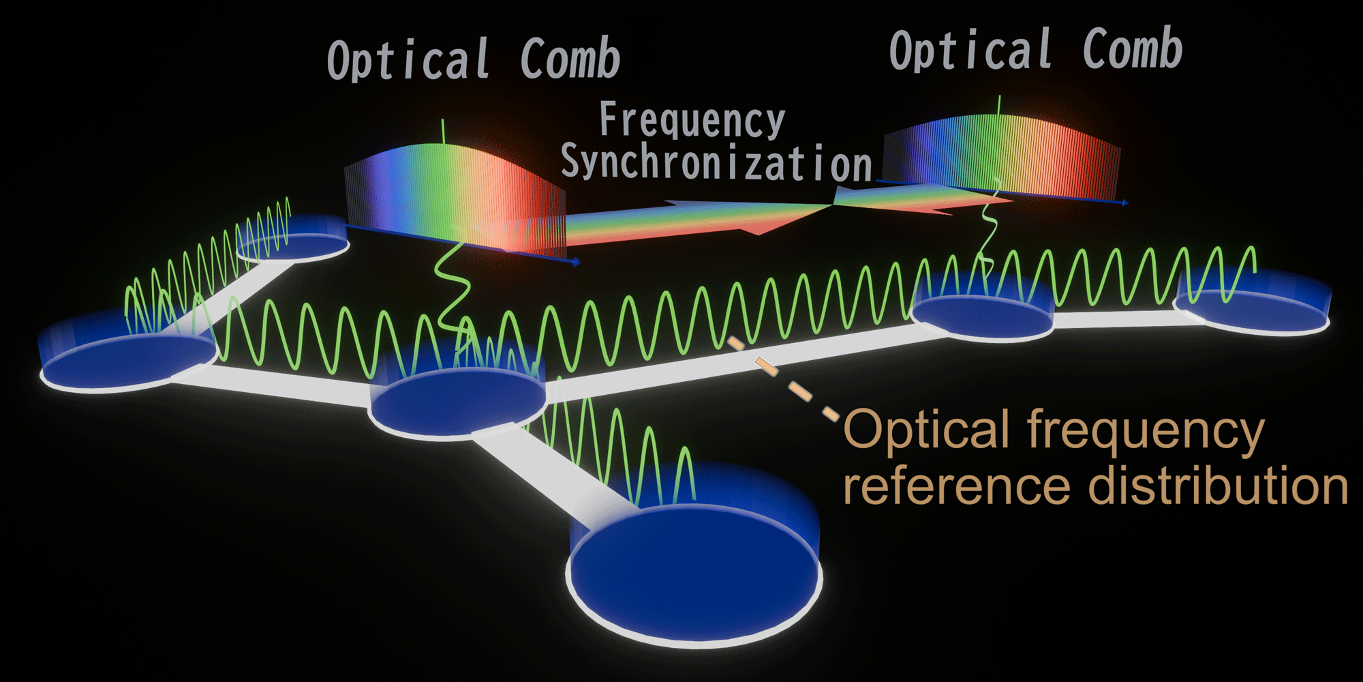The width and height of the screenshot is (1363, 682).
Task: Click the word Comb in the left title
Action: [570, 59]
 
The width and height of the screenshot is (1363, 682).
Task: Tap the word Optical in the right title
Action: [971, 50]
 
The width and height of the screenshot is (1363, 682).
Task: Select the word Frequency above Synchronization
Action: [692, 120]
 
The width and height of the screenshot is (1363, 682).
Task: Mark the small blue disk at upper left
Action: [293, 246]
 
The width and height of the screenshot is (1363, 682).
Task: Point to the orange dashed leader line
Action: [784, 379]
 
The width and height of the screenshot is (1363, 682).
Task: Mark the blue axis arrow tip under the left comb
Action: [577, 262]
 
